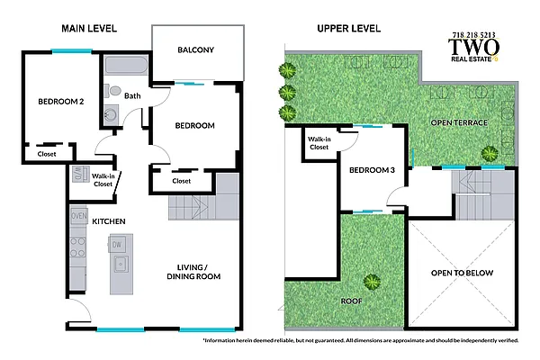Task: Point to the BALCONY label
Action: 195,49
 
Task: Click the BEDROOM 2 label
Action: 61,103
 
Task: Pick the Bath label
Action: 132,95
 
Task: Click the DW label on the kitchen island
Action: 116,244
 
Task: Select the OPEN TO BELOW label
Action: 462,273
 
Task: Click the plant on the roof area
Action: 369,281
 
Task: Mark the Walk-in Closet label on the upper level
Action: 319,143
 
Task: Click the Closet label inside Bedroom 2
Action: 47,154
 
